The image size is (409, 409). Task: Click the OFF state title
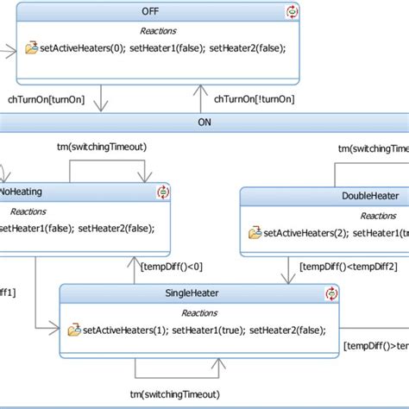coord(162,10)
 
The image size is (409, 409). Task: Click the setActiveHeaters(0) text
coord(83,47)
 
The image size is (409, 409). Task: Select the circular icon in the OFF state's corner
coord(292,12)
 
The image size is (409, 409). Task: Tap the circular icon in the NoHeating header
coord(162,192)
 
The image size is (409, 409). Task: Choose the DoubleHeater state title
coord(370,196)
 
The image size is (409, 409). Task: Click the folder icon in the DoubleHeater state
coord(255,233)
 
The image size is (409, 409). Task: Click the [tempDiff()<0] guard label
coord(172,266)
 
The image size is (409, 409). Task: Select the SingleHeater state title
coord(192,293)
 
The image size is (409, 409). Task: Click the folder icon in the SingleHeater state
coord(74,329)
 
